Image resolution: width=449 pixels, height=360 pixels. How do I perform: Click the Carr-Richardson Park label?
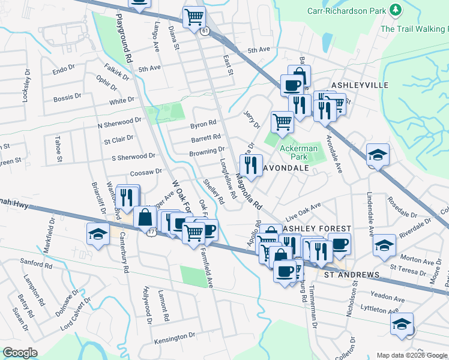click(x=346, y=10)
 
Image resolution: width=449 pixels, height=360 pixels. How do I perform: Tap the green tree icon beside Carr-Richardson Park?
click(x=395, y=10)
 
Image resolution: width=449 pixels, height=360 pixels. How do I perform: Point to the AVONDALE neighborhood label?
click(x=286, y=168)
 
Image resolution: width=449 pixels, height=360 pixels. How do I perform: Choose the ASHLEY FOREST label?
click(x=308, y=229)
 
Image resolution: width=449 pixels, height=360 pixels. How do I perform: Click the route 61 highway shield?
click(x=205, y=31)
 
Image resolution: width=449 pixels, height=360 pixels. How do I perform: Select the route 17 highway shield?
click(x=152, y=230)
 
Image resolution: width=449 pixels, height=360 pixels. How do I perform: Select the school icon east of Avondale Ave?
click(x=377, y=154)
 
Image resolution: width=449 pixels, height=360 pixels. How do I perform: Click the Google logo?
click(x=20, y=353)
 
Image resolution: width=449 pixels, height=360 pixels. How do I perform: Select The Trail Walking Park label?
click(x=414, y=28)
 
